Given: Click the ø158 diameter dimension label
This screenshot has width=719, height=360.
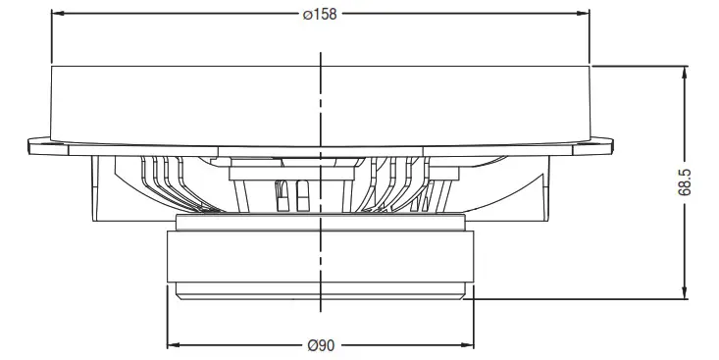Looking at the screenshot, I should click(x=320, y=16).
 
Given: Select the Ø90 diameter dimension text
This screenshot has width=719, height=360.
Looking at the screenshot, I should click(x=321, y=345).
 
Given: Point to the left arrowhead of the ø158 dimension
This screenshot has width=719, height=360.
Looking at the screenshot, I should click(x=55, y=16).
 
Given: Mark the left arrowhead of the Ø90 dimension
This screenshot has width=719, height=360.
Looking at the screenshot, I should click(x=173, y=345).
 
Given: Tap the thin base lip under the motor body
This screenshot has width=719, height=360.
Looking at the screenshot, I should click(x=320, y=291).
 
